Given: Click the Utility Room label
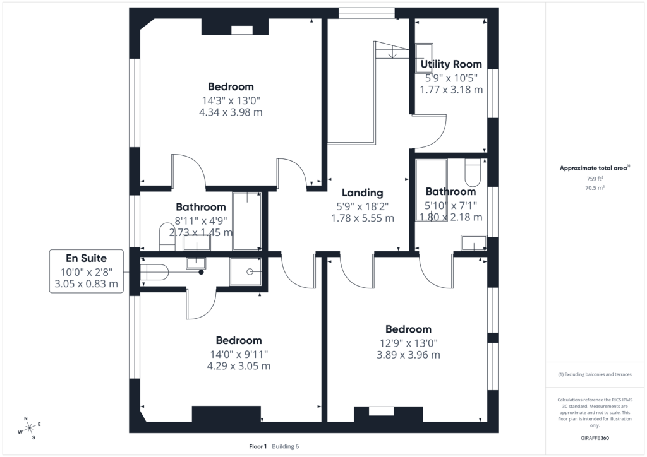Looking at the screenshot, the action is (x=451, y=64).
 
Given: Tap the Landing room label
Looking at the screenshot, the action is (x=362, y=193).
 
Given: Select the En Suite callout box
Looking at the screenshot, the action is (x=86, y=271).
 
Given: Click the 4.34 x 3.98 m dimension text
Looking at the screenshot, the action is (x=231, y=112).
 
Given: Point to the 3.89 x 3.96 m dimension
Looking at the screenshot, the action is (x=409, y=355).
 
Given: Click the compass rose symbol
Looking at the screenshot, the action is (x=29, y=428).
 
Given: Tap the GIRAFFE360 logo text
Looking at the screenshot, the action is (x=595, y=438).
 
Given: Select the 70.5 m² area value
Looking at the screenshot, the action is (x=595, y=188).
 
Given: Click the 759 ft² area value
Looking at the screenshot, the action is (x=595, y=179).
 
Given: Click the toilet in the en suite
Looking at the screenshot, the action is (x=154, y=273).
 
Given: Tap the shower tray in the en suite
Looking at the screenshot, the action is (x=246, y=271).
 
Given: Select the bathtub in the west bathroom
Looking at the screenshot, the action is (x=247, y=221).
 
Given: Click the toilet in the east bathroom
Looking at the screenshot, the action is (x=473, y=173).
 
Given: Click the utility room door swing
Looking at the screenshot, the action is (x=430, y=131).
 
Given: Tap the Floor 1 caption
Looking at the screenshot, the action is (x=258, y=446).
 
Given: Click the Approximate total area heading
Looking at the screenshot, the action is (x=595, y=168).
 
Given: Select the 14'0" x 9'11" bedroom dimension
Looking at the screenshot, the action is (x=239, y=354).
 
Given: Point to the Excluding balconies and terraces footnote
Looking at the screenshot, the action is (x=595, y=374).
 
